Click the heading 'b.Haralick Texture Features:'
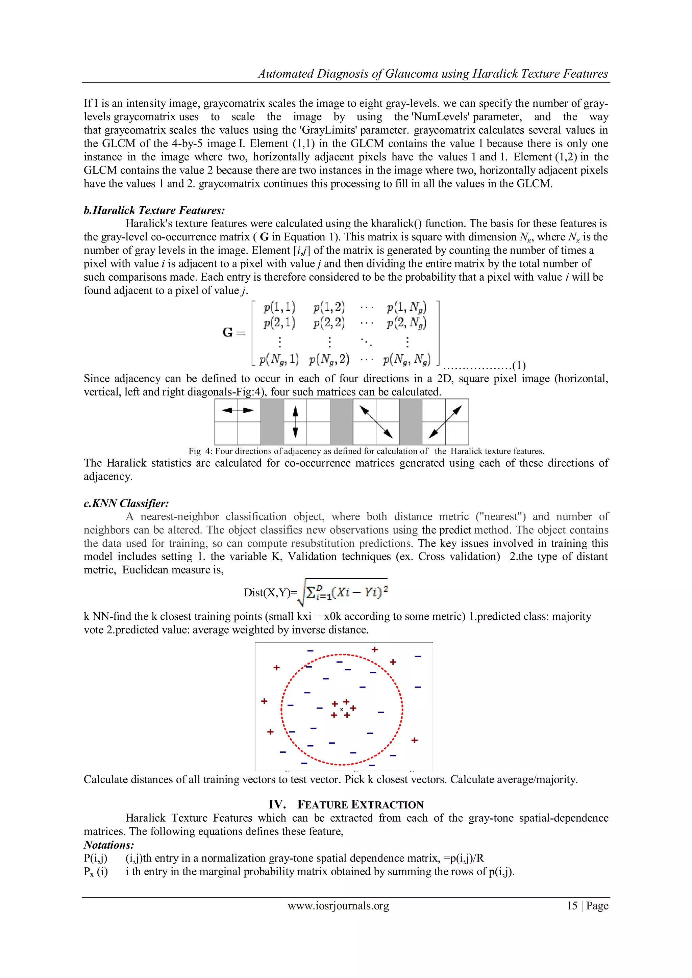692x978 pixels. click(154, 210)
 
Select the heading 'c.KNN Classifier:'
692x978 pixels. click(126, 503)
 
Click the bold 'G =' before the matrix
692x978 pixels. click(234, 332)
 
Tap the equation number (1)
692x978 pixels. click(519, 365)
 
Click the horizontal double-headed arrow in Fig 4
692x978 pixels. click(237, 410)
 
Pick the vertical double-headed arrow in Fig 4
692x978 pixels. click(295, 422)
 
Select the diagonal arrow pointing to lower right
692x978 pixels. click(376, 422)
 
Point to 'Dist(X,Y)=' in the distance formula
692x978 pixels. click(270, 593)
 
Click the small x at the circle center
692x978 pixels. click(341, 709)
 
